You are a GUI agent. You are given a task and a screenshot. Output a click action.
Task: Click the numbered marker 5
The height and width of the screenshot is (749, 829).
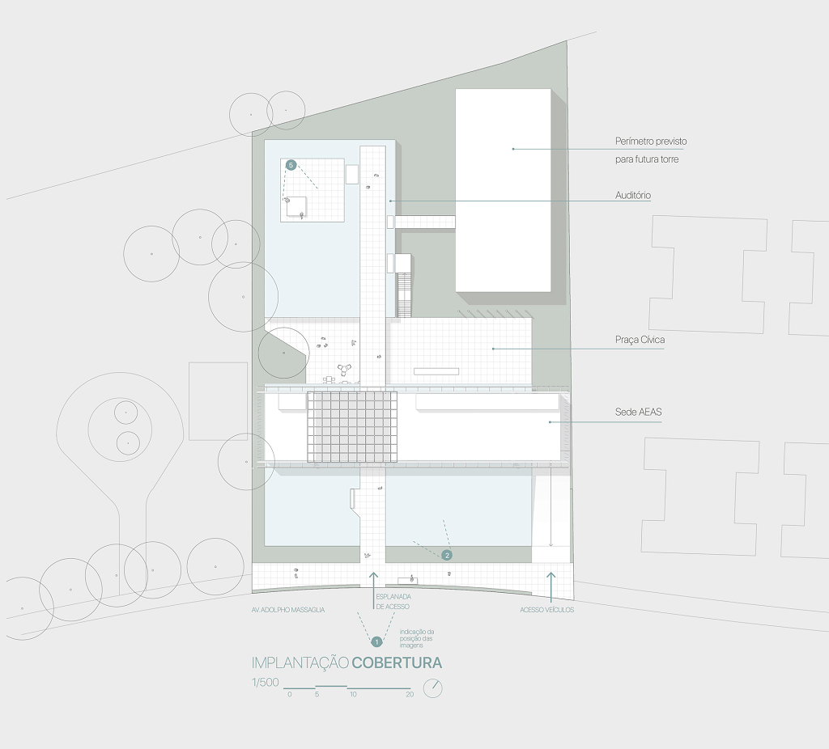(x=291, y=165)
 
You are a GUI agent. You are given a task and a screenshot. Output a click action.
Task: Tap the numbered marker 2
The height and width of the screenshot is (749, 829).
(x=447, y=555)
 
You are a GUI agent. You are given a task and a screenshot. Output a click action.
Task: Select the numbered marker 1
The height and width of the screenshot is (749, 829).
(x=376, y=641)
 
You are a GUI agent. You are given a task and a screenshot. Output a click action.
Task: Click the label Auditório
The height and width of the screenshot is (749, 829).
(x=633, y=196)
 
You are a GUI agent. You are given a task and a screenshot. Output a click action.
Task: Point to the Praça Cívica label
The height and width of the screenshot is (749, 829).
(x=640, y=340)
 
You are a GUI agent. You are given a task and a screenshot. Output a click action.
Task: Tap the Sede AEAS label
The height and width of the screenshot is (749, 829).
(x=638, y=412)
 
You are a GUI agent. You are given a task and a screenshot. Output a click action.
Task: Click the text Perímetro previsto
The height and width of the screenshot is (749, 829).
(x=651, y=142)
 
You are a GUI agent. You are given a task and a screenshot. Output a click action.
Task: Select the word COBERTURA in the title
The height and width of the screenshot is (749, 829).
(x=397, y=663)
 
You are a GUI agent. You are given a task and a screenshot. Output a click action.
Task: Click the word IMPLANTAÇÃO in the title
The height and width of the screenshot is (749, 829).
(x=300, y=663)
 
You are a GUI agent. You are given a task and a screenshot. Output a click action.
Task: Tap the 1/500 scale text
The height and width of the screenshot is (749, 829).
(x=265, y=683)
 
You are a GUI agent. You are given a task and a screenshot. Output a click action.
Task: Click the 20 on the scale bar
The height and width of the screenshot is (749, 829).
(x=410, y=695)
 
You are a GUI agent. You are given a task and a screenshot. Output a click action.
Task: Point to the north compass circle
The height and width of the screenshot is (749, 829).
(x=433, y=688)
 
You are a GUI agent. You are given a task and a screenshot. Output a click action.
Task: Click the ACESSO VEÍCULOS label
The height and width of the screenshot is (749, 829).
(x=546, y=610)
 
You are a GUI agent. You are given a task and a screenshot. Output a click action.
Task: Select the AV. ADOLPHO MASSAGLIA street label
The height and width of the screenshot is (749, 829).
(x=288, y=610)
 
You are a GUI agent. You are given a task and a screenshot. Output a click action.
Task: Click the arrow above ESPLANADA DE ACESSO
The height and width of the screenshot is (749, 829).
(x=374, y=582)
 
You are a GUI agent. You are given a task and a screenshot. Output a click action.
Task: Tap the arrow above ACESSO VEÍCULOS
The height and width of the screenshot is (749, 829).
(x=551, y=587)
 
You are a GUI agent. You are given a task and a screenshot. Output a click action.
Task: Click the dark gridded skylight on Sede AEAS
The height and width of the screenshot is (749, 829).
(x=352, y=426)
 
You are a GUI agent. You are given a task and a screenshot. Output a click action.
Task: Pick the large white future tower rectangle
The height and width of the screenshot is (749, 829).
(x=503, y=190)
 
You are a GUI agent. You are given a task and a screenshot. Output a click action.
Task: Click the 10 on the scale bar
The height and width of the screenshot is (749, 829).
(x=353, y=695)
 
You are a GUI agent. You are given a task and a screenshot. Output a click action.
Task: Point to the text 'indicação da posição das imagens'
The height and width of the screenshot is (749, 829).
(x=417, y=639)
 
